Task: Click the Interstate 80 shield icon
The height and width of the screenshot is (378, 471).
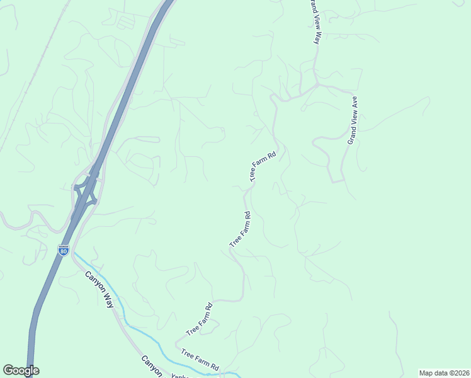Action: [x=63, y=250]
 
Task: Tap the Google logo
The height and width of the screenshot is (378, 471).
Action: [x=21, y=370]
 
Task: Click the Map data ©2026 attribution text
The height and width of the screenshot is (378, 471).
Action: [x=444, y=372]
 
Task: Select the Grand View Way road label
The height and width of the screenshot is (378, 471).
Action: [x=314, y=22]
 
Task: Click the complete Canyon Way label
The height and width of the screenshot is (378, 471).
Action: [x=100, y=289]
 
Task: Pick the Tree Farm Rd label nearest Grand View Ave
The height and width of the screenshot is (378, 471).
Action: [x=264, y=167]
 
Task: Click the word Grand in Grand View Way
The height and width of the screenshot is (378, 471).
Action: [x=311, y=9]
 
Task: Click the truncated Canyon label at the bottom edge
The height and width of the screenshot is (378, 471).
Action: [x=152, y=367]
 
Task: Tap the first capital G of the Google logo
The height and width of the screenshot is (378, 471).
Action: [x=8, y=370]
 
